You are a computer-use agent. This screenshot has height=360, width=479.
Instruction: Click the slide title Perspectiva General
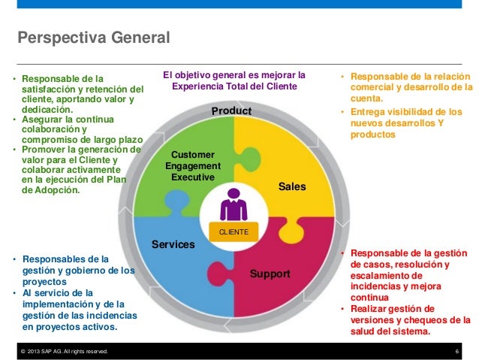(x=94, y=38)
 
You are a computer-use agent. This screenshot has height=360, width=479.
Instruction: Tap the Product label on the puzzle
(x=230, y=111)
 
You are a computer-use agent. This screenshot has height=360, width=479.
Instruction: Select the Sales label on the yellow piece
(x=293, y=185)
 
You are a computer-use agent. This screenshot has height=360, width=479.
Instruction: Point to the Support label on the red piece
(x=270, y=274)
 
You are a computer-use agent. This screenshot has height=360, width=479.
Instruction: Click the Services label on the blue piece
(x=173, y=245)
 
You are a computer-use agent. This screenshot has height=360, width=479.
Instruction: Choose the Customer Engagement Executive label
(x=193, y=166)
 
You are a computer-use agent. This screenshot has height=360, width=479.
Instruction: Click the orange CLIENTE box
(x=233, y=233)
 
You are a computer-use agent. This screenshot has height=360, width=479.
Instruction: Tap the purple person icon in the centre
(x=233, y=204)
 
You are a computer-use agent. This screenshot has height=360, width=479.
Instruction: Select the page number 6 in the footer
(x=457, y=352)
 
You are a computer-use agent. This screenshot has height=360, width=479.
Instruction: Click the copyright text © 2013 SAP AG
(x=64, y=352)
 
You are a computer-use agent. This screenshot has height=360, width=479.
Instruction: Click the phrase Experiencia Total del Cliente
(x=235, y=86)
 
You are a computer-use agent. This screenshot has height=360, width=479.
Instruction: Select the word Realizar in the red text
(x=369, y=309)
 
